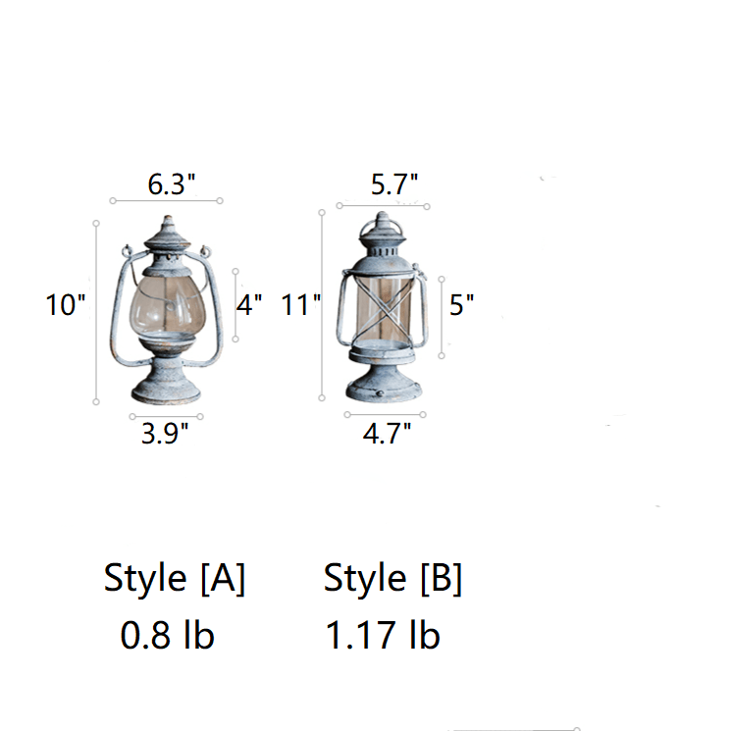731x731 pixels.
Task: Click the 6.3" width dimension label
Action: tap(171, 183)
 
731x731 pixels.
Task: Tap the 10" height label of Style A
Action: tap(66, 305)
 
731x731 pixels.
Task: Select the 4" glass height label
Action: tap(249, 305)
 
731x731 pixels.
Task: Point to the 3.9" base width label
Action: tap(165, 433)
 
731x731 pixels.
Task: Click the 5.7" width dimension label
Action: tap(393, 183)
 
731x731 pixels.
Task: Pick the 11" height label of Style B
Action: tap(301, 305)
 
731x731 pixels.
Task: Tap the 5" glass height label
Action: tap(461, 305)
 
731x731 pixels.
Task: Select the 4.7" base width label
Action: tap(387, 433)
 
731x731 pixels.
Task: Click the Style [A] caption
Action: tap(175, 578)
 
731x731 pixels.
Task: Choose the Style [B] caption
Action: tap(392, 578)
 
